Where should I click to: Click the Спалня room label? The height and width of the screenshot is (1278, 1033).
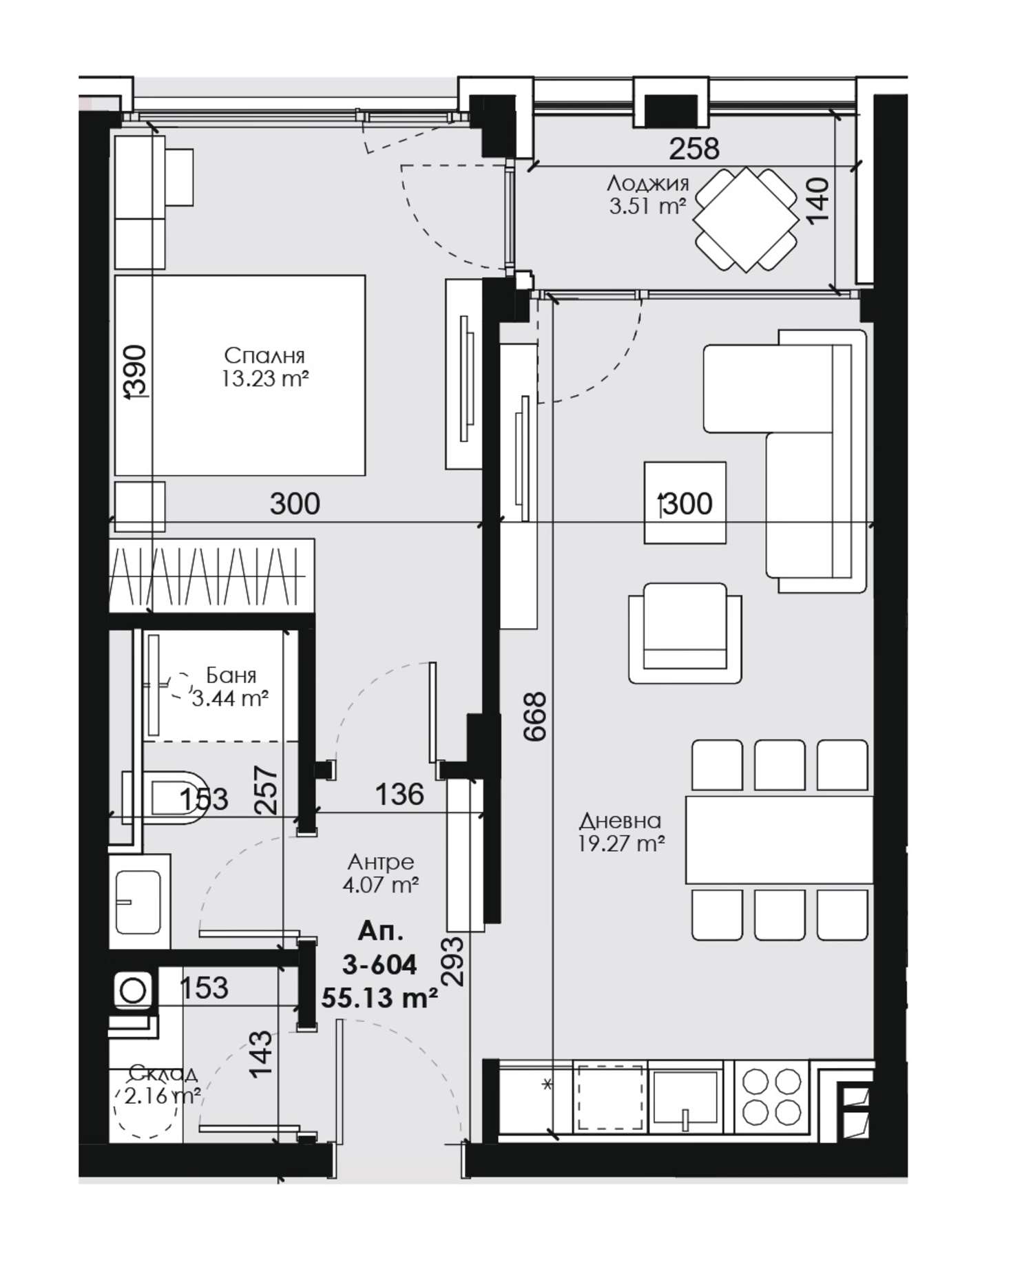pos(264,356)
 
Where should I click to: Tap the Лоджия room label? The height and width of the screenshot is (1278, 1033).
pos(648,184)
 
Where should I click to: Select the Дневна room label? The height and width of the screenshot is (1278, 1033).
pos(620,821)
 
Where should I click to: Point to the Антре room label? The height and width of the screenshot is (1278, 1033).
pos(381,861)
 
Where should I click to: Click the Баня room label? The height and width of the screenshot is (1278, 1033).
pos(231,675)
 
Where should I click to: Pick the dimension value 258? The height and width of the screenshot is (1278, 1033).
pos(695,149)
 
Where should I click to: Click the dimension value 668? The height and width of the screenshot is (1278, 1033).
pos(535,716)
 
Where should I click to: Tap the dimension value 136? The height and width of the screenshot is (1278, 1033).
pos(399,795)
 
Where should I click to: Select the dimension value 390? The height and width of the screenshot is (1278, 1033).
pos(136,372)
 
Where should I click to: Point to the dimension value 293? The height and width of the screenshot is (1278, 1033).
pos(455,961)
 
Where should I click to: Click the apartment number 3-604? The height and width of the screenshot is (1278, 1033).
pos(379,965)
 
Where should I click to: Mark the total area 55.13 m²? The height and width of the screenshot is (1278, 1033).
pos(379,997)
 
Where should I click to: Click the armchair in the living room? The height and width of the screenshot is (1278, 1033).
pos(685,633)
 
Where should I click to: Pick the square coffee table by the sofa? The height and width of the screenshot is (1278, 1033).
pos(685,503)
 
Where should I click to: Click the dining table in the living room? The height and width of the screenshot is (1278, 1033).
pos(780,840)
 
